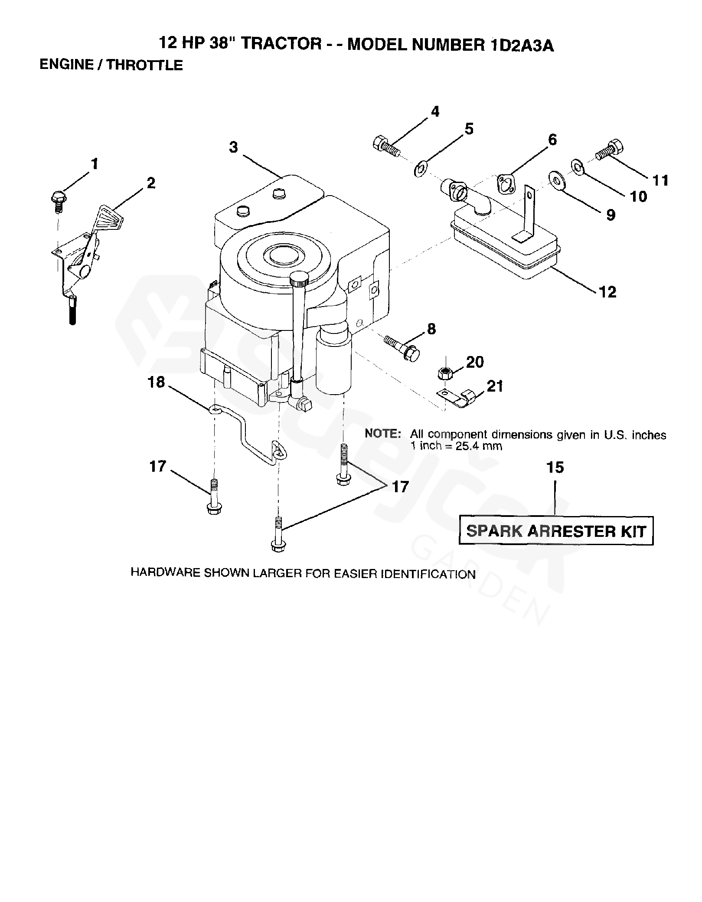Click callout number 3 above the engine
(x=234, y=147)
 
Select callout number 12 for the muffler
(x=607, y=292)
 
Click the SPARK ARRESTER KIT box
(x=556, y=531)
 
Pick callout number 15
(x=555, y=467)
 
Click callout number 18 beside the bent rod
(x=157, y=382)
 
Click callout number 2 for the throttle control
(x=150, y=183)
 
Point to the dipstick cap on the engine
(x=299, y=278)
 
